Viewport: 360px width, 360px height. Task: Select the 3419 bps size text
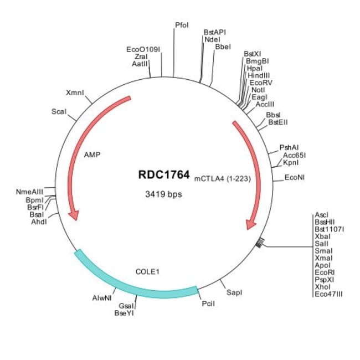(x=163, y=194)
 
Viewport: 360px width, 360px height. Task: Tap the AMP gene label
(x=91, y=155)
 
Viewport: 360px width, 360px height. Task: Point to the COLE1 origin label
(x=147, y=272)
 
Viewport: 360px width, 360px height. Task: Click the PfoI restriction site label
(x=182, y=25)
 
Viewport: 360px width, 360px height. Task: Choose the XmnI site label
(x=75, y=92)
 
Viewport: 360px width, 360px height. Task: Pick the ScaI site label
(x=59, y=111)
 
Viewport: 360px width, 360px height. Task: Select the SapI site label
(x=235, y=291)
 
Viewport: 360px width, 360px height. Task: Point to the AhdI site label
(x=39, y=222)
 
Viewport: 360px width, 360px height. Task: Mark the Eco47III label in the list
(x=328, y=293)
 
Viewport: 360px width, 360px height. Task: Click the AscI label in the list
(x=321, y=214)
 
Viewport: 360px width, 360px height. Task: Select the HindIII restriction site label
(x=259, y=75)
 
